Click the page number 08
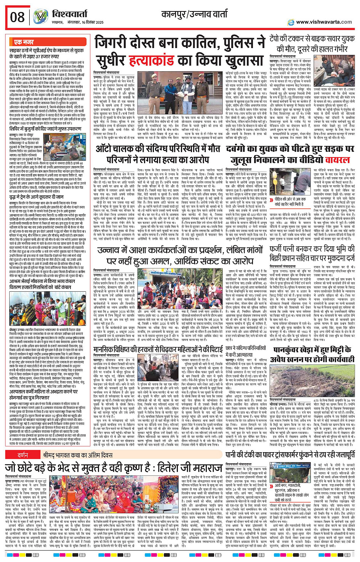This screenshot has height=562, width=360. coord(18,17)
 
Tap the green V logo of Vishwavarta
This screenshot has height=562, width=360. coord(40,17)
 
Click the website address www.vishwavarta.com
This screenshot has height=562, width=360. coord(324,22)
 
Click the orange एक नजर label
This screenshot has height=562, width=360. coord(24,42)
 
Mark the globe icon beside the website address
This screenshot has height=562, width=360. coord(291,22)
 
